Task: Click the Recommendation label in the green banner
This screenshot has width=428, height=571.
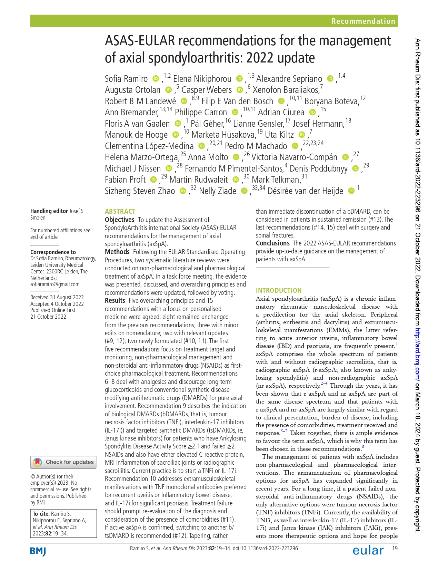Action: pos(363,21)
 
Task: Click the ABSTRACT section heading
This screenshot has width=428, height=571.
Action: pos(120,211)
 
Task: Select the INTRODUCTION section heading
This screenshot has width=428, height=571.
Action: pos(279,290)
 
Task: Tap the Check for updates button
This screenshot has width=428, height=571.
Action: pos(63,462)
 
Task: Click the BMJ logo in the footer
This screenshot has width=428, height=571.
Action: pos(38,551)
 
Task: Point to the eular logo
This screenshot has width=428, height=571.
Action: pos(368,550)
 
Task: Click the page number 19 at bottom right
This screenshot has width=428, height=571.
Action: pos(395,548)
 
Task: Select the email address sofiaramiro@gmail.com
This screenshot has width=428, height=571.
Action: pos(55,284)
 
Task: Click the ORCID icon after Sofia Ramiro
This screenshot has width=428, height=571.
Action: pos(156,79)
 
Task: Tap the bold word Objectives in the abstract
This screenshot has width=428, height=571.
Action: pos(119,220)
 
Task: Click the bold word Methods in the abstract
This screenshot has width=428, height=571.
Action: pos(117,252)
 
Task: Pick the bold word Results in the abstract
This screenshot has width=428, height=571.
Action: pos(115,301)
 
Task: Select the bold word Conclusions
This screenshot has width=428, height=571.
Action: pos(272,243)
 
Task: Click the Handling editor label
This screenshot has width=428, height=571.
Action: pos(49,211)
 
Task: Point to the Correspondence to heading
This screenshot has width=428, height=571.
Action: pos(53,252)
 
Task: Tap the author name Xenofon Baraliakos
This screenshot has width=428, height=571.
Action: pos(286,90)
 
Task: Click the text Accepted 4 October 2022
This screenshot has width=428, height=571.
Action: pos(57,304)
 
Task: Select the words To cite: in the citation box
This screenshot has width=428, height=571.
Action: pos(41,514)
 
